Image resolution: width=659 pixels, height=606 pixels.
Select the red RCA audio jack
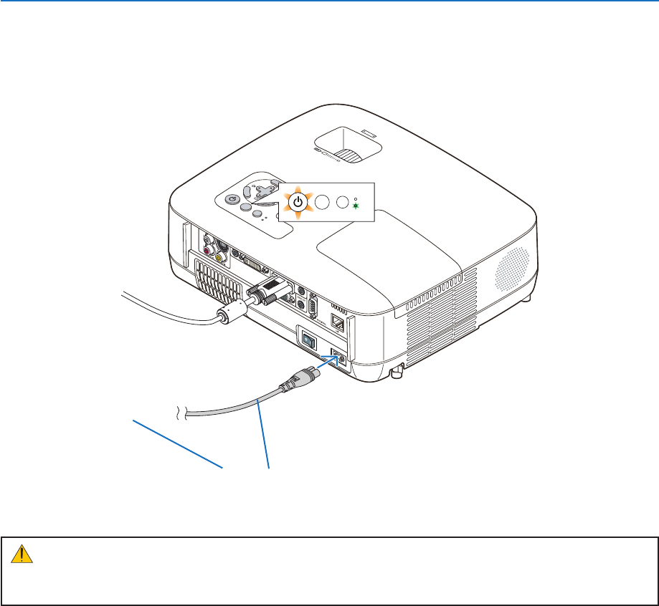click(207, 251)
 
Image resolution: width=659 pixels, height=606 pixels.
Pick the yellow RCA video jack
click(218, 254)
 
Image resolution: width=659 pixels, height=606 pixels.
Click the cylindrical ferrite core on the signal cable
click(230, 314)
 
